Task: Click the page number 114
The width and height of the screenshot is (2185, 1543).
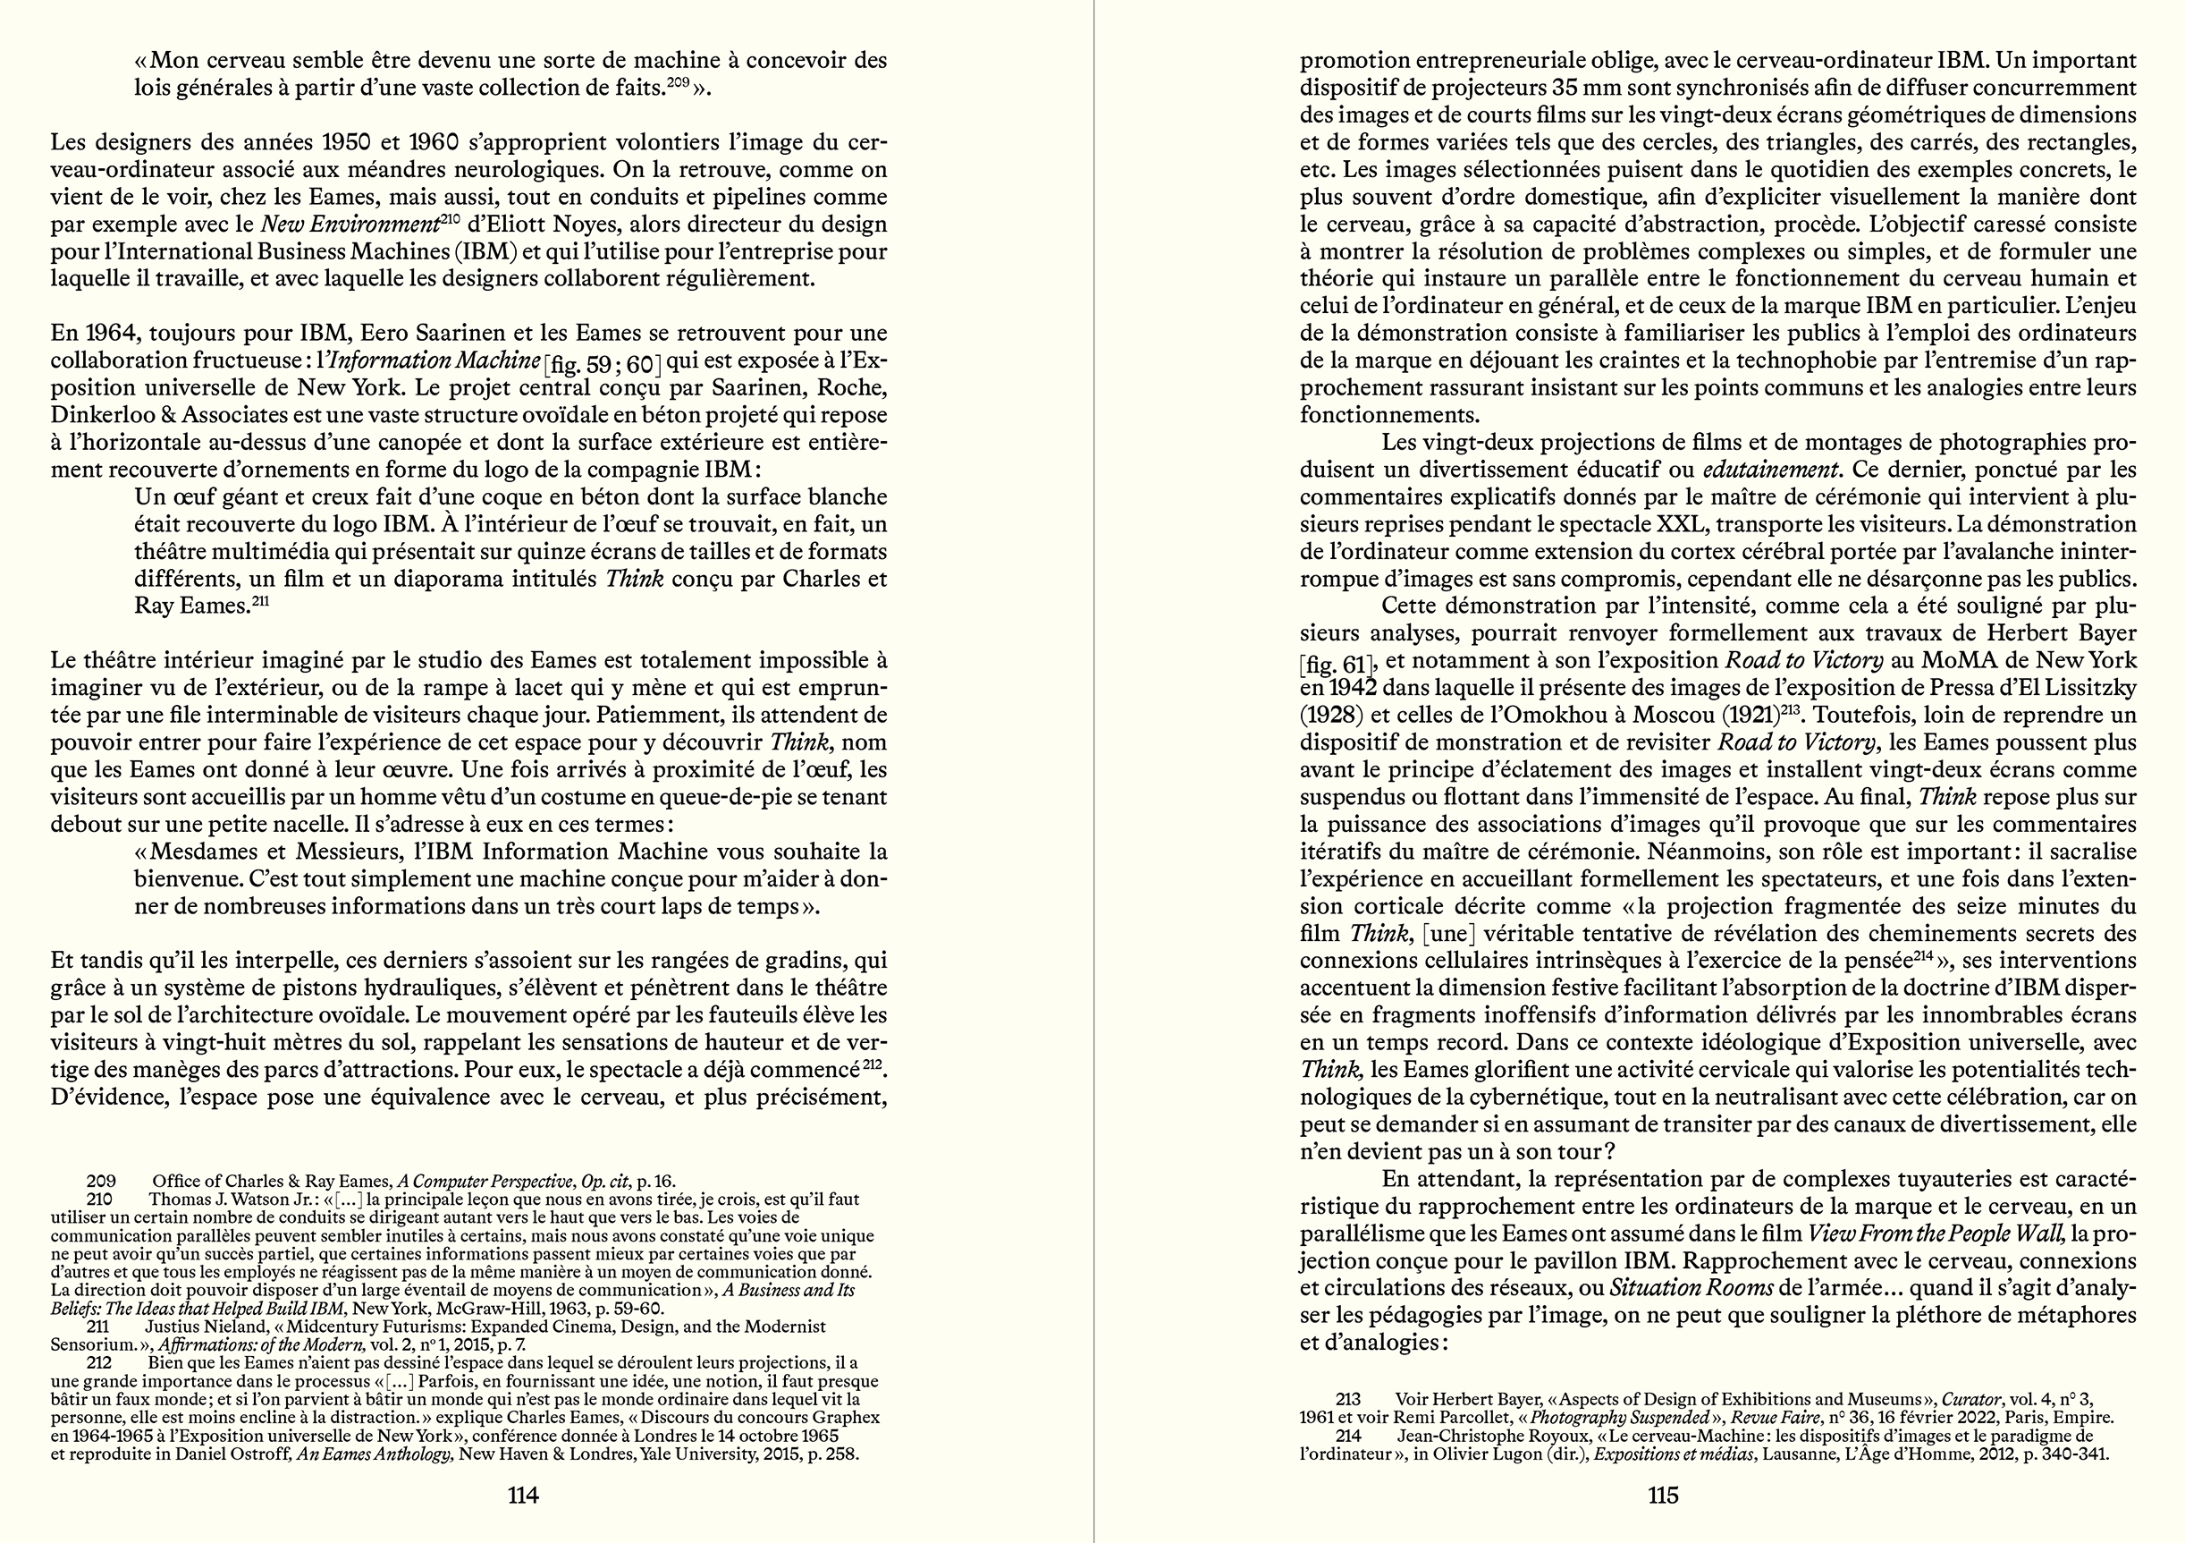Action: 523,1495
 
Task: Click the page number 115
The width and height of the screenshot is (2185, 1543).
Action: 1663,1495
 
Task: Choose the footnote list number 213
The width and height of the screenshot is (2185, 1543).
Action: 1347,1399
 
